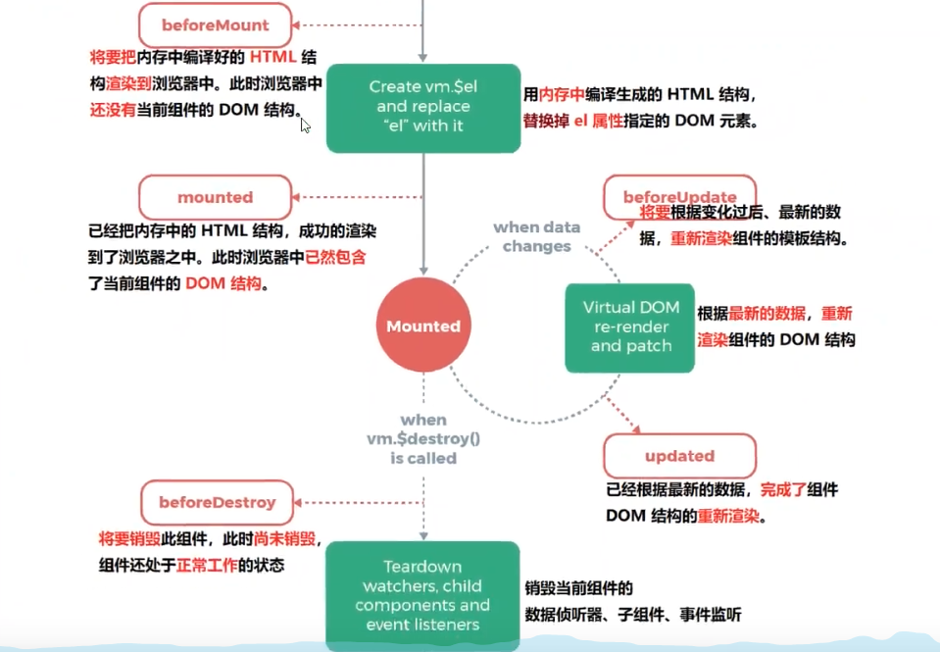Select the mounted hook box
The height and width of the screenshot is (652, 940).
tap(216, 197)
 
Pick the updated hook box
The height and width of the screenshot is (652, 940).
tap(679, 456)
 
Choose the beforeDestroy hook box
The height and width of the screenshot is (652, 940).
tap(217, 502)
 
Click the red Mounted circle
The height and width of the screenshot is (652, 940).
tap(423, 326)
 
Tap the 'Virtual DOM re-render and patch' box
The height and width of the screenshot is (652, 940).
tap(630, 326)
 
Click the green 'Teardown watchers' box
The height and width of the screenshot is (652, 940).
tap(422, 595)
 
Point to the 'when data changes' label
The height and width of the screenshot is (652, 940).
tap(536, 236)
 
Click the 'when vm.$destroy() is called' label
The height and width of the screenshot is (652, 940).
tap(423, 438)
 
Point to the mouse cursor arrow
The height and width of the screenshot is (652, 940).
tap(305, 125)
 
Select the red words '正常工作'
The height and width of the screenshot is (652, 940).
tap(207, 566)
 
